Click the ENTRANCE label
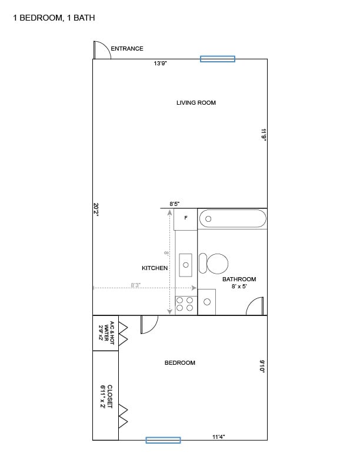click(x=127, y=49)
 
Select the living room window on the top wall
click(x=217, y=59)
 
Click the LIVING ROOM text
click(x=196, y=103)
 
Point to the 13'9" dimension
click(x=161, y=64)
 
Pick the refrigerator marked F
click(x=186, y=218)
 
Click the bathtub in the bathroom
click(x=232, y=219)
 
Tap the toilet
click(x=214, y=263)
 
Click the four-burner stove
click(x=185, y=304)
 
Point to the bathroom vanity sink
click(x=206, y=302)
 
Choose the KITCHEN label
click(x=155, y=268)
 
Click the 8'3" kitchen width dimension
click(x=135, y=285)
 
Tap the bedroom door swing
click(x=148, y=324)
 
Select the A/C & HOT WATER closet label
click(x=105, y=332)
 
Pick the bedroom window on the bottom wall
click(x=163, y=440)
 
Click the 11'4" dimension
click(x=218, y=437)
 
